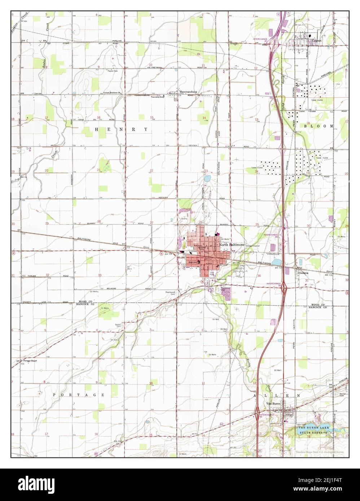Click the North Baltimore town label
click(232, 244)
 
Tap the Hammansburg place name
click(187, 92)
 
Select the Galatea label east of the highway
click(304, 274)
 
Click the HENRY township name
click(121, 129)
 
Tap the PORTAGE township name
click(79, 395)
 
